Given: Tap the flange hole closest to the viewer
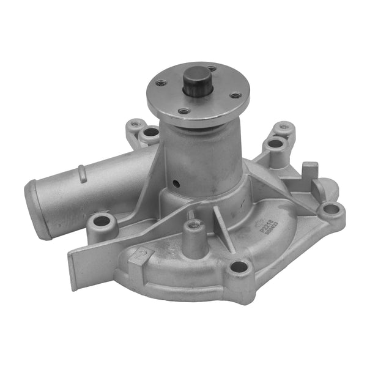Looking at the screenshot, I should (183, 111).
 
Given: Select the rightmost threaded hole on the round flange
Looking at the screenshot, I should (234, 95).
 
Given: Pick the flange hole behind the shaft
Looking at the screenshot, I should (211, 69).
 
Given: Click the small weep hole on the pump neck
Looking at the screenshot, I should (176, 182).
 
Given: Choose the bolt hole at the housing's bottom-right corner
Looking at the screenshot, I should (238, 267).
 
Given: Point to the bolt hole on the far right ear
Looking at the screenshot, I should (331, 209).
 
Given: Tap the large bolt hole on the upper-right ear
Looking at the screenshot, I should (275, 144).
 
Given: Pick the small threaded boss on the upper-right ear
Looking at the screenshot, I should (284, 128).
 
